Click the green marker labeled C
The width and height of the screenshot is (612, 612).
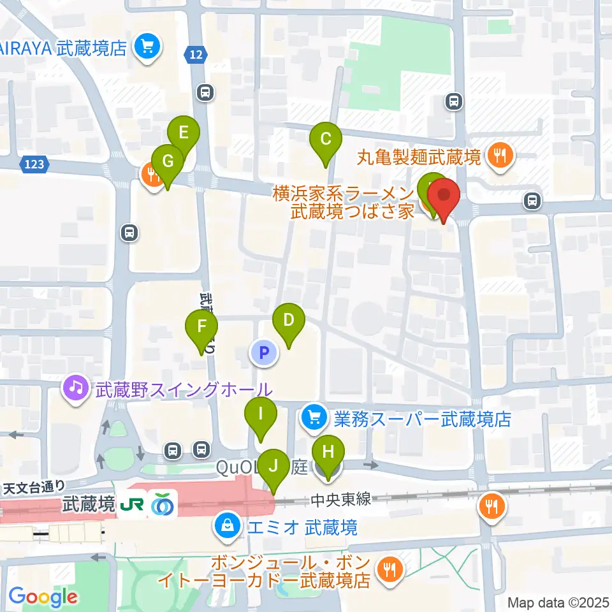coord(325,139)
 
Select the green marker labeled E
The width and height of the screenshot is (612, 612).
coord(184,133)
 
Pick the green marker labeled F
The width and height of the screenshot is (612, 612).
coord(201,328)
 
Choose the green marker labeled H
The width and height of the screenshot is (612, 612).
coord(328,453)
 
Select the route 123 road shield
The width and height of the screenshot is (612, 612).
coord(35,164)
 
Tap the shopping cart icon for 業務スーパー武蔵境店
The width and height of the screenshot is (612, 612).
coord(314,418)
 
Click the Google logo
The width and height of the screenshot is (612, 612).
coord(43,597)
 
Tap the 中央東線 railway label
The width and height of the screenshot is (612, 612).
coord(342,500)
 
